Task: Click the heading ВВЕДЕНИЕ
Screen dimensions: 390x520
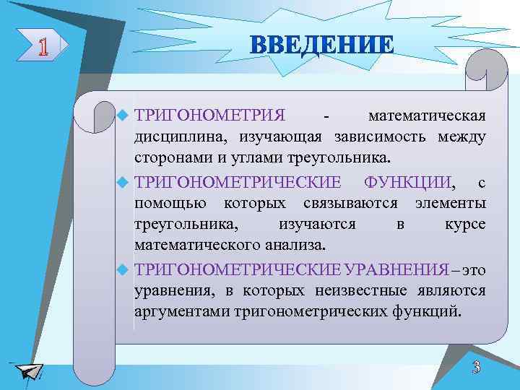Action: click(x=323, y=45)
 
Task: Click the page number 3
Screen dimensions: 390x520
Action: click(x=476, y=367)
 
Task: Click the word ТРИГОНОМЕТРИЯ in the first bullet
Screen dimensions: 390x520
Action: click(x=210, y=116)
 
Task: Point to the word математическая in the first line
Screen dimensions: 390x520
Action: click(x=427, y=116)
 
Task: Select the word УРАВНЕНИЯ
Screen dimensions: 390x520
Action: click(x=396, y=269)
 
